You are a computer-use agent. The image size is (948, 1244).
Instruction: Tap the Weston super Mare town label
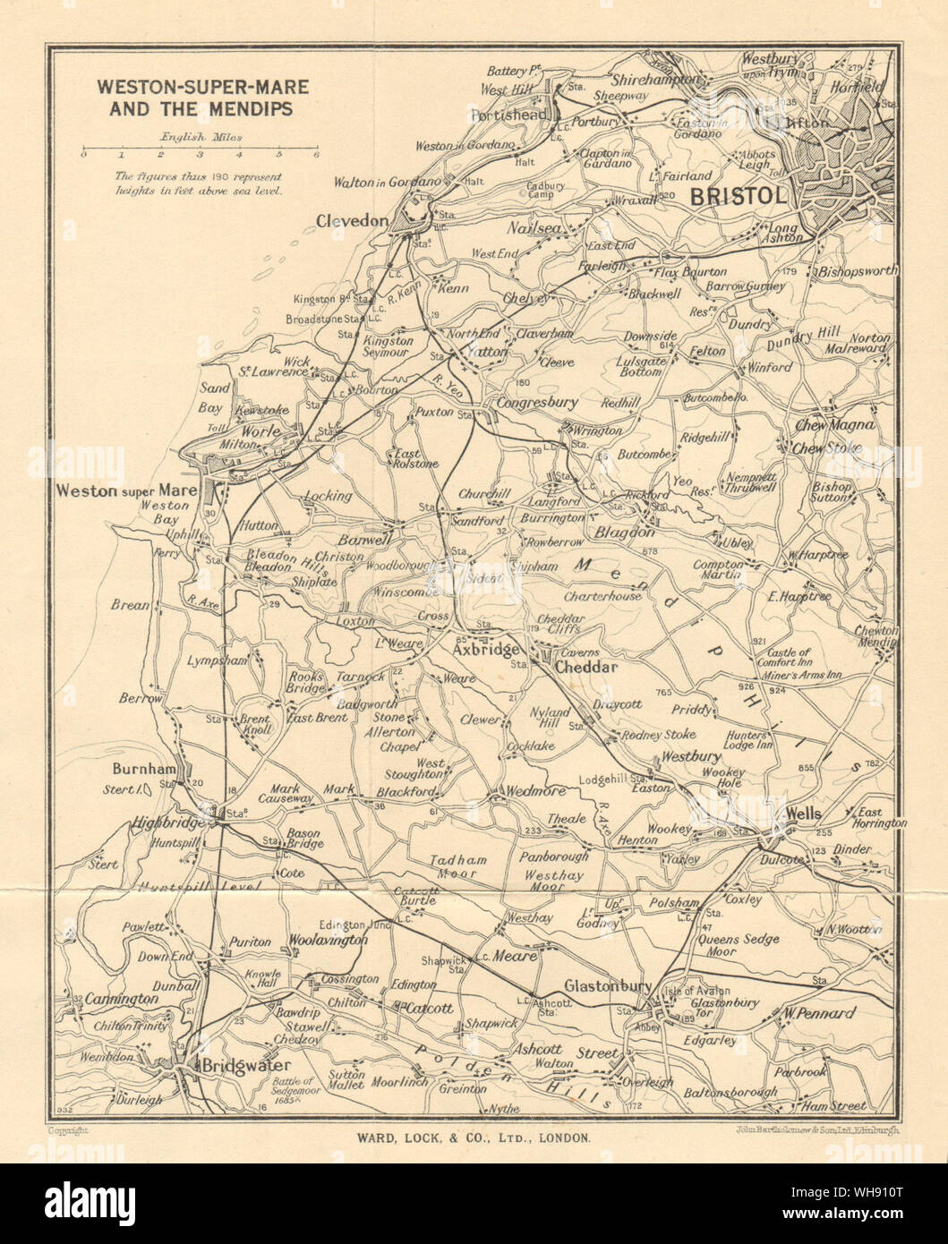point(123,490)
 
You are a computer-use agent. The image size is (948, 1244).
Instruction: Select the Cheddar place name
point(586,668)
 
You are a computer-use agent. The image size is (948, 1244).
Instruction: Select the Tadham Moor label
point(458,866)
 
